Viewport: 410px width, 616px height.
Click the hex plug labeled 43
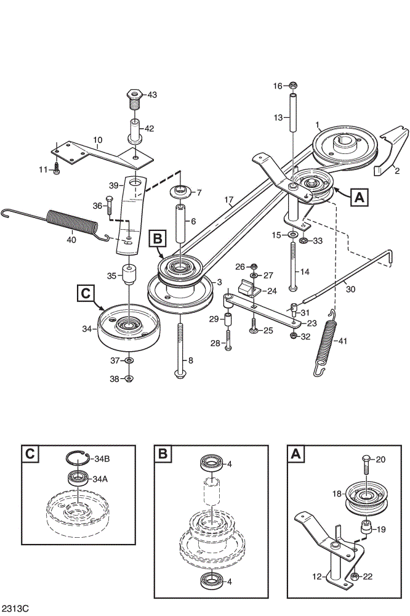point(134,100)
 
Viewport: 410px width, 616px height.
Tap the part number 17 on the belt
point(229,200)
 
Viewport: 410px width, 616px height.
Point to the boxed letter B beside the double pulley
point(157,238)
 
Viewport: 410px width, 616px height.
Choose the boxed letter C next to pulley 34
point(86,293)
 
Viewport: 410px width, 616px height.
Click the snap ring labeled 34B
point(76,458)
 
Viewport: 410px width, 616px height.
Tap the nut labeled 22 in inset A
point(353,576)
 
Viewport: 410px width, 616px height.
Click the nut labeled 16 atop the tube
point(293,85)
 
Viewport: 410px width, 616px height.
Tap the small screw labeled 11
point(57,169)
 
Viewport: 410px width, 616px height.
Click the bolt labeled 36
point(110,205)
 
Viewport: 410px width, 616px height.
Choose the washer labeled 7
point(180,192)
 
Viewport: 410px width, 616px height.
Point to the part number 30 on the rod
point(350,289)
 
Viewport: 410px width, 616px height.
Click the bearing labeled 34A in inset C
point(78,478)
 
